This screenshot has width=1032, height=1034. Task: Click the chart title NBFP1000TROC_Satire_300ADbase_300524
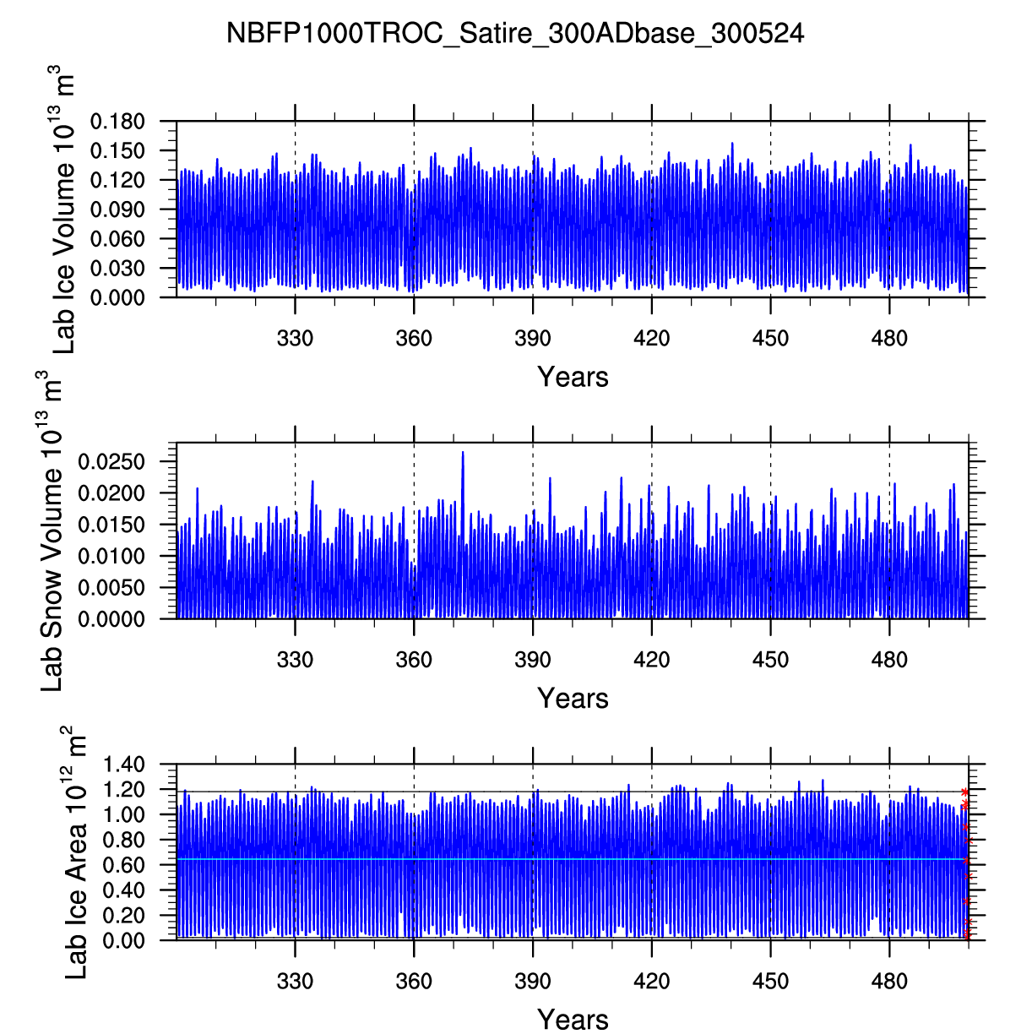[x=515, y=34]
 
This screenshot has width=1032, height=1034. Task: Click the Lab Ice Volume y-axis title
[x=64, y=212]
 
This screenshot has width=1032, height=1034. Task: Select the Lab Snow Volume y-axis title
[x=52, y=532]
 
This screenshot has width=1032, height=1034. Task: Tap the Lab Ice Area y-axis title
[x=76, y=853]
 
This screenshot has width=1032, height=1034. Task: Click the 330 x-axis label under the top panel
[x=295, y=339]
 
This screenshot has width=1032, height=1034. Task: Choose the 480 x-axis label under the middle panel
[x=889, y=660]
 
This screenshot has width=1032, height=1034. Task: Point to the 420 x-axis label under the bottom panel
[x=651, y=981]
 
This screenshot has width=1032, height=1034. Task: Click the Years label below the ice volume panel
[x=573, y=377]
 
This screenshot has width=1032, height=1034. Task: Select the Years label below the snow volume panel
[x=573, y=699]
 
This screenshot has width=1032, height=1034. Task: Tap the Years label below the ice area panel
[x=573, y=1020]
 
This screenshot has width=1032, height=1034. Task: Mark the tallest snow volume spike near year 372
[x=463, y=454]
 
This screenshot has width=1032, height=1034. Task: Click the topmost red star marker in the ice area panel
[x=964, y=792]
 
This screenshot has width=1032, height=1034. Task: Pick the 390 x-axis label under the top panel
[x=532, y=339]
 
